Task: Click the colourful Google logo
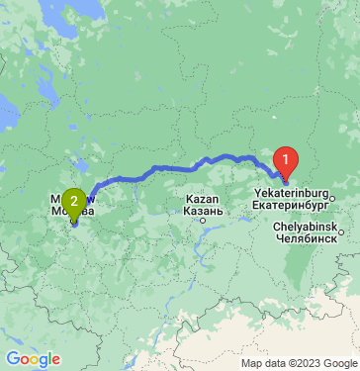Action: [33, 358]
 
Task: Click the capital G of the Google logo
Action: [12, 358]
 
